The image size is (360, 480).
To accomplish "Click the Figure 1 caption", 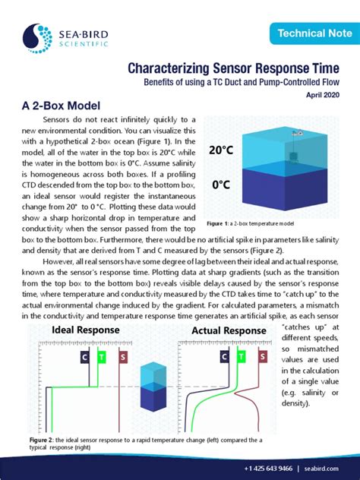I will click(248, 225).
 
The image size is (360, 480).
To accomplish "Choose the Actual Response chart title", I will click(228, 330).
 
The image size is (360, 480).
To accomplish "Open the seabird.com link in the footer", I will click(322, 467).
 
